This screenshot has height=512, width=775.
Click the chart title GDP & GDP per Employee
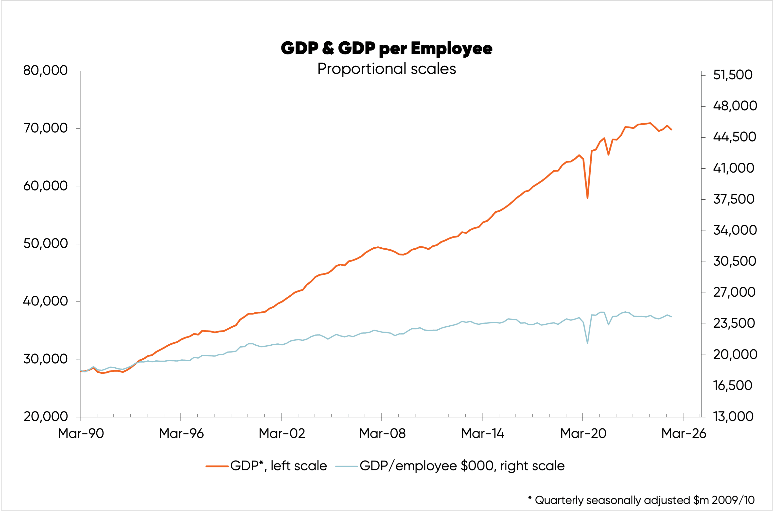[x=387, y=48]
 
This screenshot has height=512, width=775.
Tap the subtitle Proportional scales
[x=387, y=69]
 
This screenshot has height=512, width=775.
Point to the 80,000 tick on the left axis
[x=45, y=71]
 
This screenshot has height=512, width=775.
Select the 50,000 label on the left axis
[x=45, y=244]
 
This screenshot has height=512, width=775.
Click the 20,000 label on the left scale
[x=45, y=417]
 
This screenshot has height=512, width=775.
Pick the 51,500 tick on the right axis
[x=733, y=75]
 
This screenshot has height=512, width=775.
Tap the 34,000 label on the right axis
[x=735, y=230]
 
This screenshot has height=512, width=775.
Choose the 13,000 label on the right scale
[x=733, y=417]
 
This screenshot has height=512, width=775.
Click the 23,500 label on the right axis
[x=734, y=323]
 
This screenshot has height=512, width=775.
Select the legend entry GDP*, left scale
[x=278, y=466]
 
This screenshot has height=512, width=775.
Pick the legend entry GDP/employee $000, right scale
[x=462, y=466]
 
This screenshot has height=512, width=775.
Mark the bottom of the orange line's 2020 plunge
[x=587, y=198]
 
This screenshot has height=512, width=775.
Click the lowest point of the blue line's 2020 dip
[x=587, y=343]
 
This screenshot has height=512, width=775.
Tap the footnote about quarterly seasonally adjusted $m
[x=641, y=500]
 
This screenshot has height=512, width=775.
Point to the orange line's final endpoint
[x=671, y=130]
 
